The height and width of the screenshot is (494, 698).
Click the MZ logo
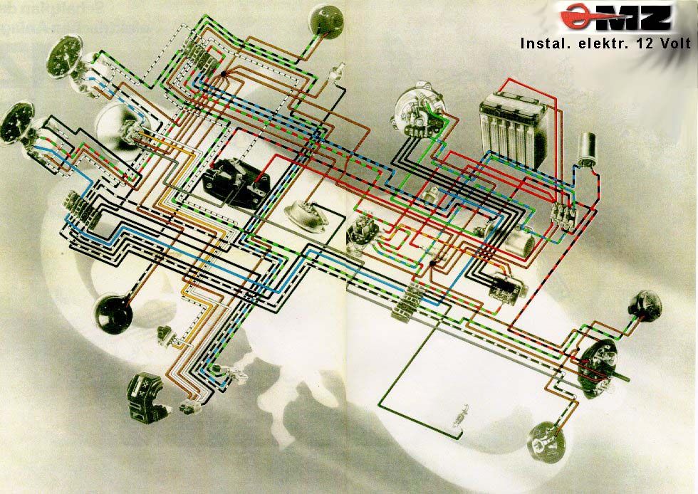click(x=615, y=17)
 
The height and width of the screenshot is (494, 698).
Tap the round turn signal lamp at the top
click(x=327, y=19)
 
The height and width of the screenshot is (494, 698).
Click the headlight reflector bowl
click(x=113, y=126)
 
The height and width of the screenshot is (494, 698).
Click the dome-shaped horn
click(x=306, y=216)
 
